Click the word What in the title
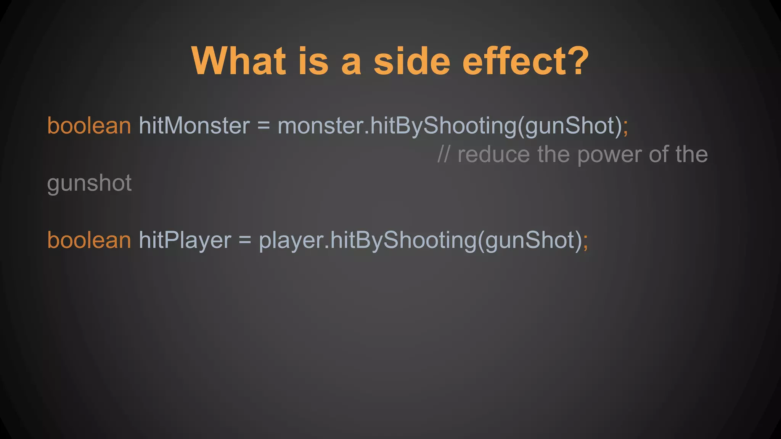[x=239, y=61]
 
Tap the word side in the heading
[x=412, y=61]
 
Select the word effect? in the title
[x=525, y=61]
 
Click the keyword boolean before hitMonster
[x=89, y=125]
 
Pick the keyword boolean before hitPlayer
[x=89, y=240]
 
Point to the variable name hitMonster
[x=194, y=125]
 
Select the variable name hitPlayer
[x=185, y=240]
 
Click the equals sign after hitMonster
[x=264, y=125]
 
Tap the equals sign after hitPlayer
[x=245, y=240]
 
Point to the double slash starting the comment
[x=444, y=154]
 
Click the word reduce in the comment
[x=493, y=154]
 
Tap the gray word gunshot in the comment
[x=89, y=183]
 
